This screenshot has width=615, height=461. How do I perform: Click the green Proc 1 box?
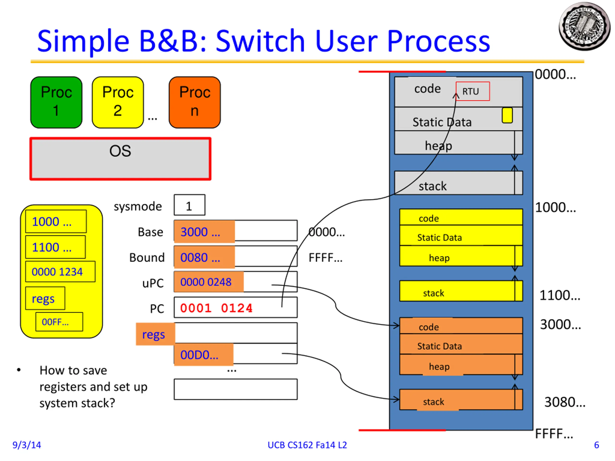pyautogui.click(x=56, y=102)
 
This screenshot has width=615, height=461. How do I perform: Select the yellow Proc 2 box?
pyautogui.click(x=118, y=102)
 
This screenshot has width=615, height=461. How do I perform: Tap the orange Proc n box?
pyautogui.click(x=195, y=102)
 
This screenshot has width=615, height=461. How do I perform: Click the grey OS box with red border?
pyautogui.click(x=120, y=159)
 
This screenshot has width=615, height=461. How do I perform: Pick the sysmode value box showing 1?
pyautogui.click(x=189, y=205)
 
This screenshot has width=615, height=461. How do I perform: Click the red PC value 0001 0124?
pyautogui.click(x=216, y=308)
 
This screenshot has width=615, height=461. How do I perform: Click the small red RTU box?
pyautogui.click(x=473, y=91)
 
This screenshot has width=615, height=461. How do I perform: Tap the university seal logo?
pyautogui.click(x=584, y=26)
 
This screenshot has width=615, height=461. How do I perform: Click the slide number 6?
pyautogui.click(x=596, y=445)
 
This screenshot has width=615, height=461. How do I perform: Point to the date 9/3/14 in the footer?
pyautogui.click(x=27, y=445)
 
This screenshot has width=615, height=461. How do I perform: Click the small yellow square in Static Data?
pyautogui.click(x=507, y=115)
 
